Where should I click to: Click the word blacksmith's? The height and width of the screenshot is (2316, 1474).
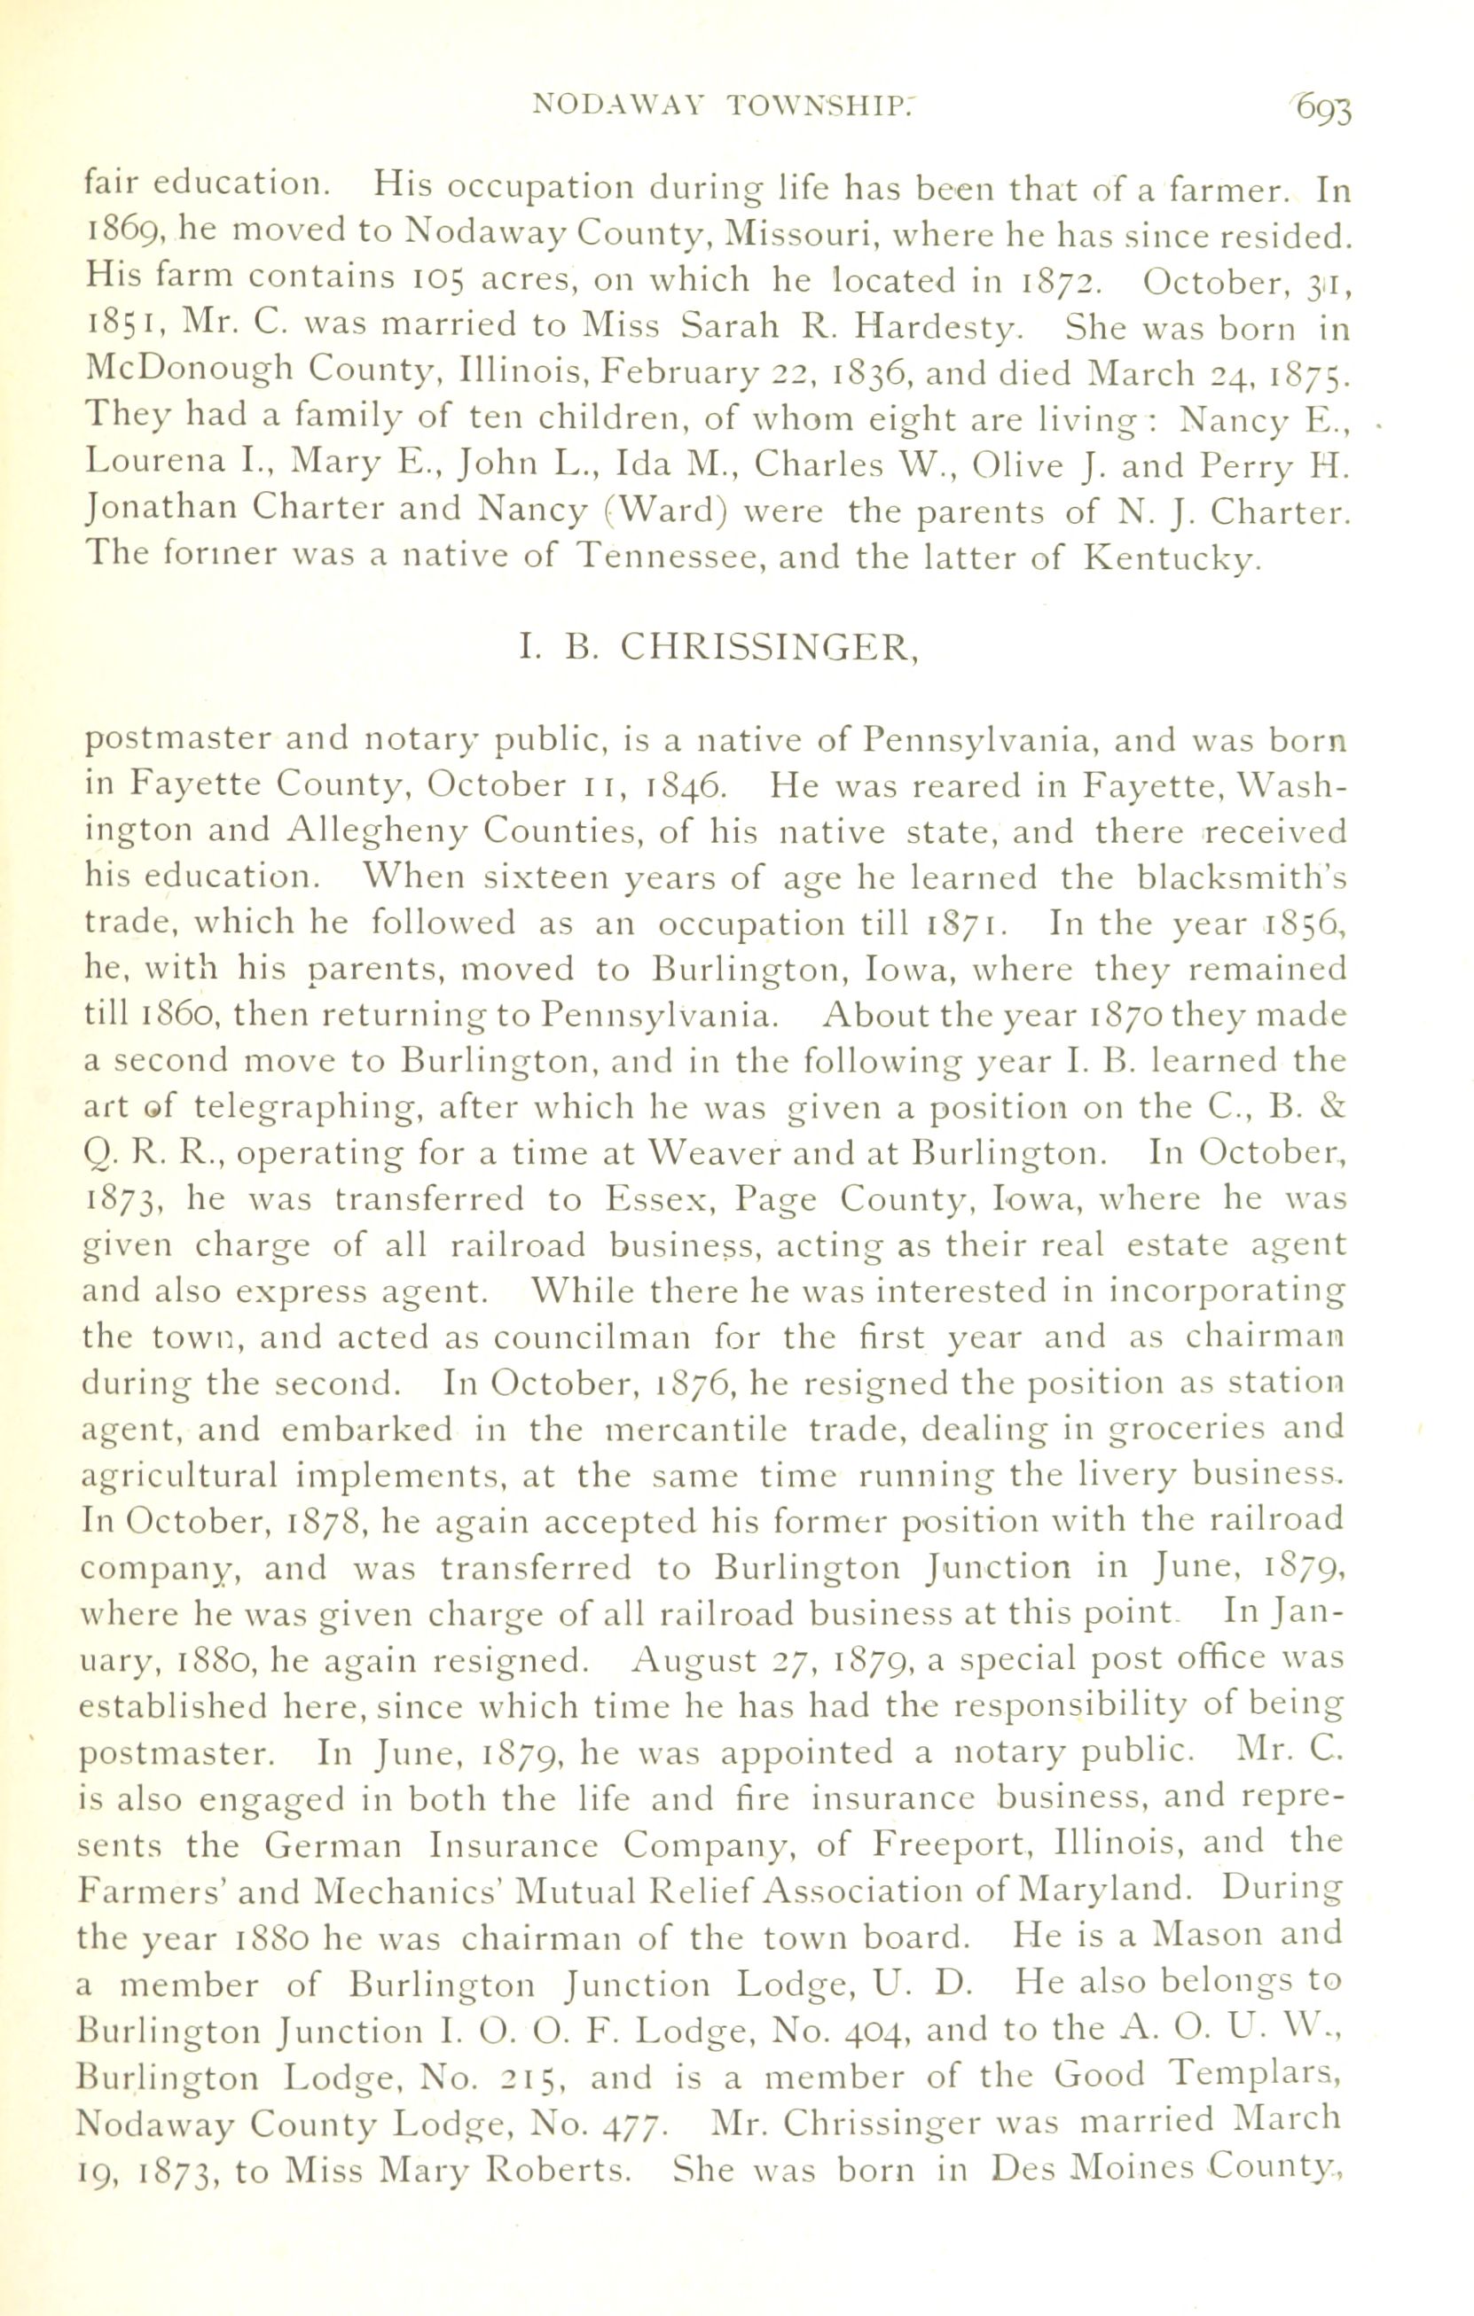coord(1241,877)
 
